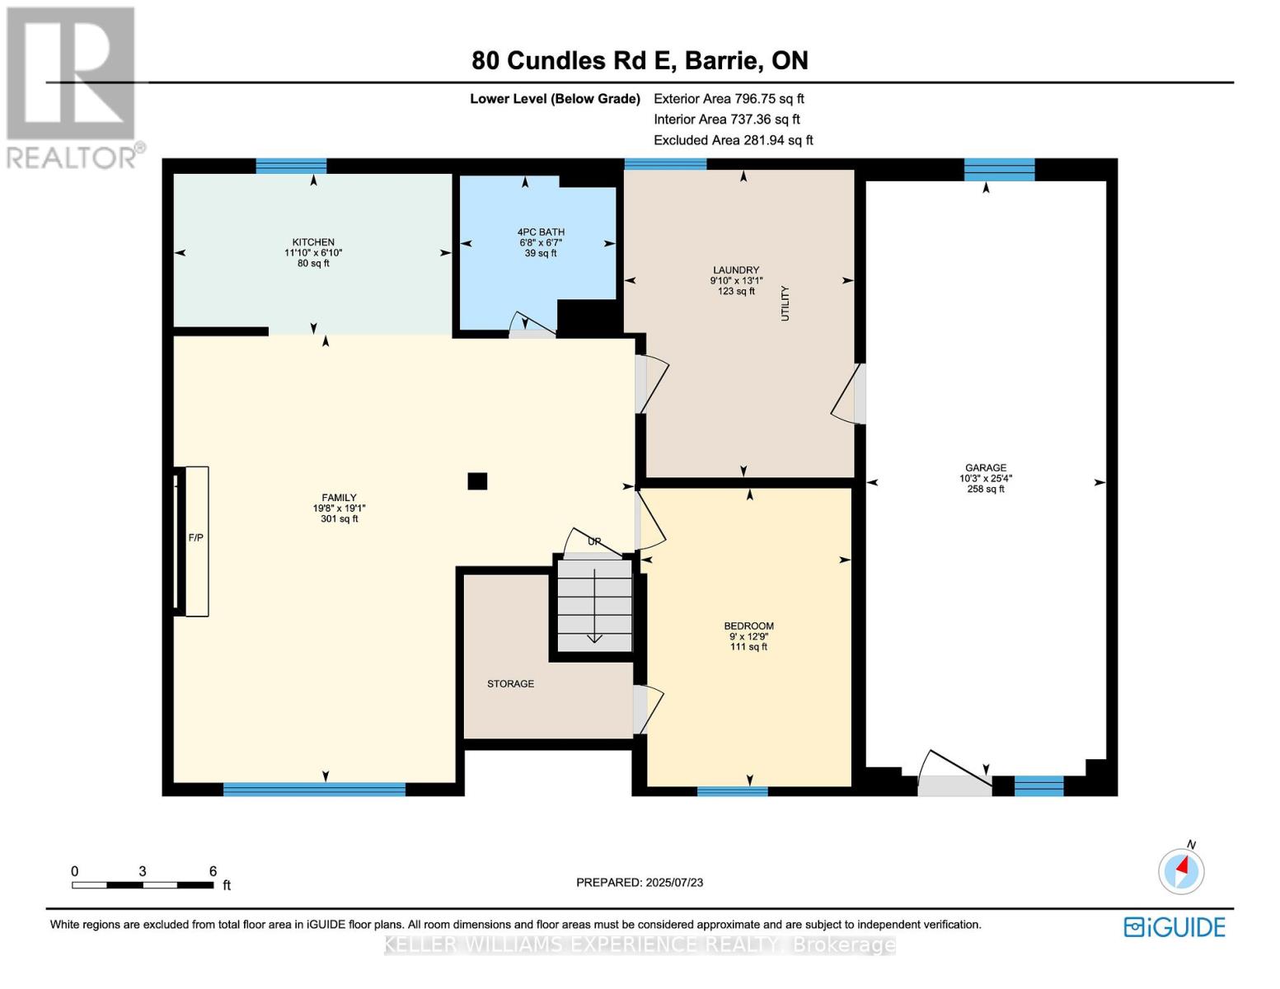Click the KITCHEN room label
coord(313,242)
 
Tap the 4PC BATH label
coord(541,232)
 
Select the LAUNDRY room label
coord(736,270)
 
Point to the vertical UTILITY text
coord(785,303)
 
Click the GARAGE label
coord(986,468)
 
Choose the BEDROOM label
coord(748,626)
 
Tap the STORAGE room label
coord(510,684)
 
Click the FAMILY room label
coord(339,498)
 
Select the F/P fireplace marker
coord(196,538)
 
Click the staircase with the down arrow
coord(594,605)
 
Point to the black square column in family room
coord(477,481)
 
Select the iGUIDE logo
coord(1175,927)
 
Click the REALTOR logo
coord(73,87)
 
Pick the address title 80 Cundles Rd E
coord(640,61)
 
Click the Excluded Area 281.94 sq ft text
coord(733,140)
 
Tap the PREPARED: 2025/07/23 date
coord(640,883)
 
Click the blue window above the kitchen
coord(291,166)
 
